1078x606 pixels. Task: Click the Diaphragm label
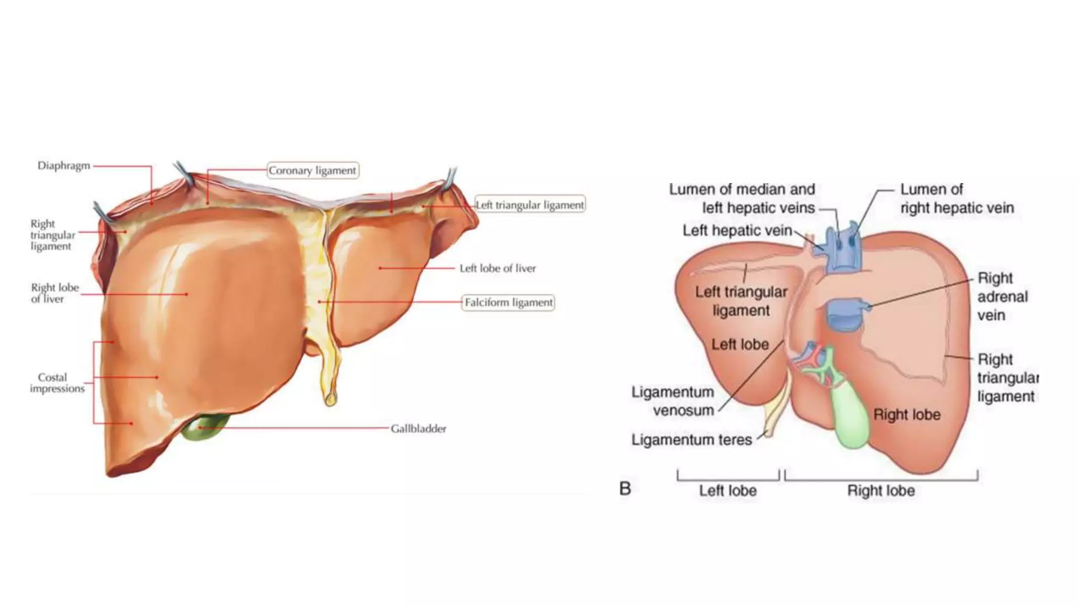pos(64,166)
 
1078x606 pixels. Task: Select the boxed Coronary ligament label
pos(313,170)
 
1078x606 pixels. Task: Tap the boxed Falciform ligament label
pos(508,302)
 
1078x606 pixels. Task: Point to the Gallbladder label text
pos(418,429)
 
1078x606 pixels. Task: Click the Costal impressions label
pos(57,383)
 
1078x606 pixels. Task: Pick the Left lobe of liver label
pos(497,268)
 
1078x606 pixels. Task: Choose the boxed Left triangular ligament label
pos(530,205)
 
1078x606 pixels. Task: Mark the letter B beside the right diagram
pos(625,489)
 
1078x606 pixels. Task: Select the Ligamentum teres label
pos(692,440)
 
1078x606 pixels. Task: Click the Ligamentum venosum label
pos(673,401)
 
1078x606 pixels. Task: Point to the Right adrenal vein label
pos(1002,297)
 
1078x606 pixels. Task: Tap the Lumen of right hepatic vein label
pos(956,198)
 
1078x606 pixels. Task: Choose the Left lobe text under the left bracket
pos(727,491)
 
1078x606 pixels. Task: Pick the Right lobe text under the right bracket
pos(881,491)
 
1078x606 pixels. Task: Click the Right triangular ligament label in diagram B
pos(1007,378)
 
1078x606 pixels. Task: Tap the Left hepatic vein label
pos(737,230)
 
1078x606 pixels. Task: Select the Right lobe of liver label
pos(54,293)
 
